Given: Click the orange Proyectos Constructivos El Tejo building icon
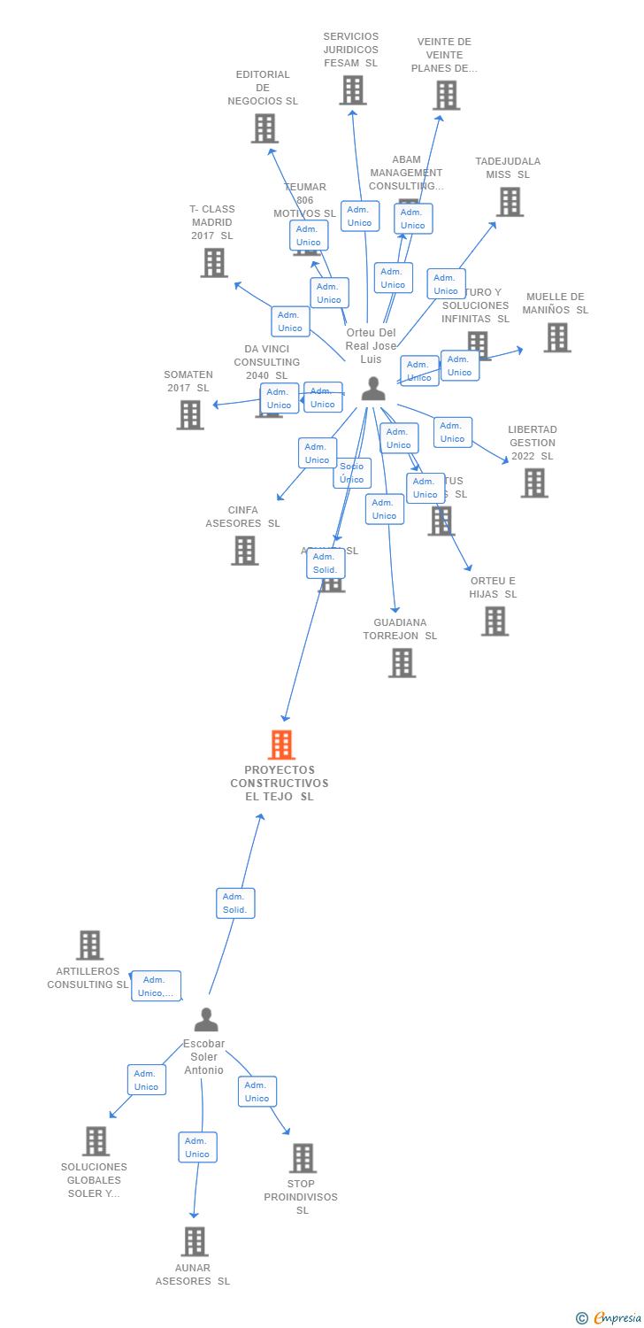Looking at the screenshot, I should (281, 745).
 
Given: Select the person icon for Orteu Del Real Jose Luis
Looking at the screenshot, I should (373, 389).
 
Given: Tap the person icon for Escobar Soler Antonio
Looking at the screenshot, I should (205, 1020).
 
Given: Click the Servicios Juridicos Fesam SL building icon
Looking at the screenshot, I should (352, 90).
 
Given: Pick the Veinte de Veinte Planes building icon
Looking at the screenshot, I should (446, 96).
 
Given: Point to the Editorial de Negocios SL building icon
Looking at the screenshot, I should (264, 128).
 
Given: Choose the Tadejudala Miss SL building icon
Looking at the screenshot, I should (509, 202).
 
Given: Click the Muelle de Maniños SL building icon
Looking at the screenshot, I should (556, 337).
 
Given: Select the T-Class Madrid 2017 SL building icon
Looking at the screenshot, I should (213, 263).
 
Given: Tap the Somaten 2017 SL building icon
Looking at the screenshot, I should (189, 415).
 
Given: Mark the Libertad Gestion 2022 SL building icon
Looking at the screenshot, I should (533, 483).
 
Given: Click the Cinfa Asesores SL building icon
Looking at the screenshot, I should (244, 551).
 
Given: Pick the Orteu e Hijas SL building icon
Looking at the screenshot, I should (494, 622).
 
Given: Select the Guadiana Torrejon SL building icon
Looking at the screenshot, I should (402, 663).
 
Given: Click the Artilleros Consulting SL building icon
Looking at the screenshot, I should (89, 946).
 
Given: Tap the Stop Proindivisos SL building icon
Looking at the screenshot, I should (303, 1158).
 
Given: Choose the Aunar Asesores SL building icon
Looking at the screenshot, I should (194, 1241).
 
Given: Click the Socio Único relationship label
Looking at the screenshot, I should (352, 473).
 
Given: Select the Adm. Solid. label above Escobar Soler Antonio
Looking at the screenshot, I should (235, 903).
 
